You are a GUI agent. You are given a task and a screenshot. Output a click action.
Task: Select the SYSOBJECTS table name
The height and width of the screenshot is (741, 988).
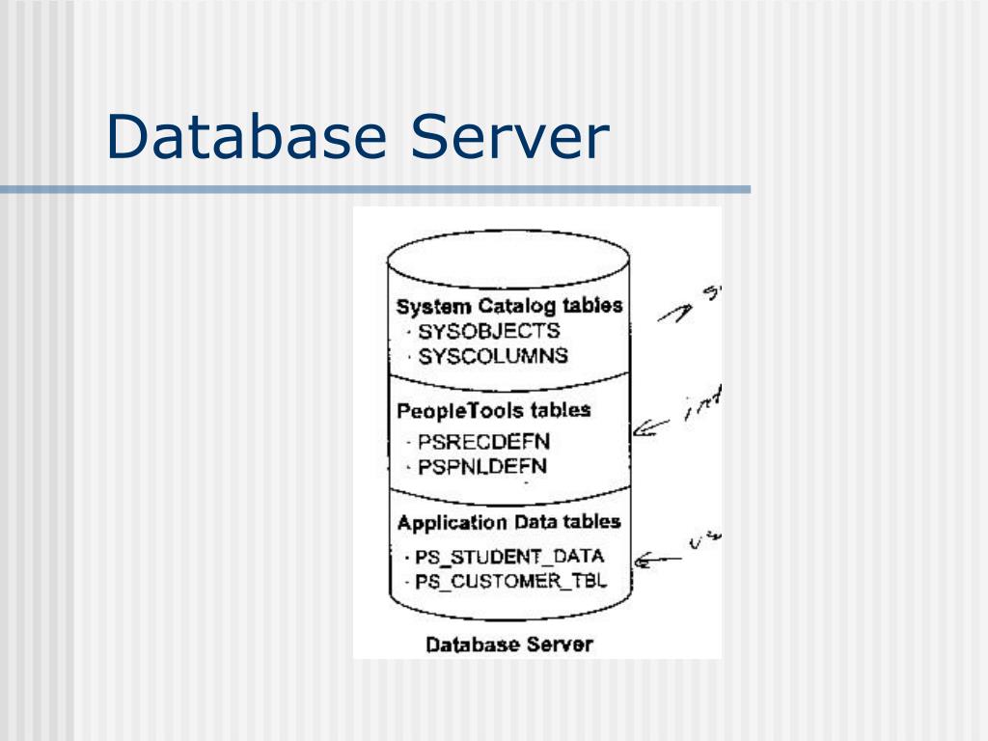tap(488, 331)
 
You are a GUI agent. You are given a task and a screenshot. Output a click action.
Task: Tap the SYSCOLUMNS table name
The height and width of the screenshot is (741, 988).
tap(493, 356)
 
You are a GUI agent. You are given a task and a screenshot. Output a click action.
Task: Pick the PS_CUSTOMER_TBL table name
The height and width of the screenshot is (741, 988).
tap(510, 582)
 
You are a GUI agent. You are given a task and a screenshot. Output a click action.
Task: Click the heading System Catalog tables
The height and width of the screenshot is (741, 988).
tap(508, 307)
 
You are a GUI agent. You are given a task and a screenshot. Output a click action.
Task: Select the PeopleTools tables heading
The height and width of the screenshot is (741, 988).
tap(493, 410)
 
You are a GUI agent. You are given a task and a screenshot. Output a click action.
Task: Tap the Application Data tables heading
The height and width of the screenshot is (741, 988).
tap(508, 523)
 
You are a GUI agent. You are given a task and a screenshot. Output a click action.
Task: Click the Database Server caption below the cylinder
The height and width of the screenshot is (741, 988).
tap(509, 644)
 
